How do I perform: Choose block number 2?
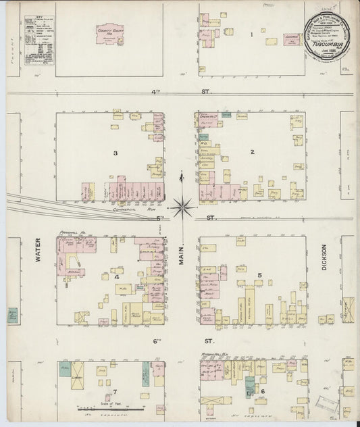(x=252, y=152)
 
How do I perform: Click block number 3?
(x=115, y=153)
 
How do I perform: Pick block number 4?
(x=116, y=277)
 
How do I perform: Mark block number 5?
(x=259, y=275)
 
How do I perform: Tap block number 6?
(x=263, y=391)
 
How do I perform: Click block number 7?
(x=115, y=391)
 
